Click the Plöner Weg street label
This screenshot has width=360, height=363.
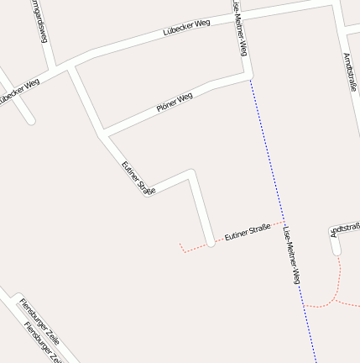tap(175, 103)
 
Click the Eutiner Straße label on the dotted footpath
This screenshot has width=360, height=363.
tap(247, 232)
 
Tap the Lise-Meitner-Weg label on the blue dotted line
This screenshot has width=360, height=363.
tap(291, 255)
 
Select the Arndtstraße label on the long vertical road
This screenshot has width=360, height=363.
tap(350, 71)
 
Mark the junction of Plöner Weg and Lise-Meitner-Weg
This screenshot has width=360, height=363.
tap(249, 77)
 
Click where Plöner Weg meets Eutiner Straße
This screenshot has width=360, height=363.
tap(103, 134)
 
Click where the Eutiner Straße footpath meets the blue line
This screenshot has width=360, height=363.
tap(282, 222)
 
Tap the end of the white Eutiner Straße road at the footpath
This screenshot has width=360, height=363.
tap(210, 243)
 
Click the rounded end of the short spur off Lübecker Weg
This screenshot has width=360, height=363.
tap(30, 120)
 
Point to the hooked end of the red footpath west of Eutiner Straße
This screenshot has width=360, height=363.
tap(180, 244)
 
